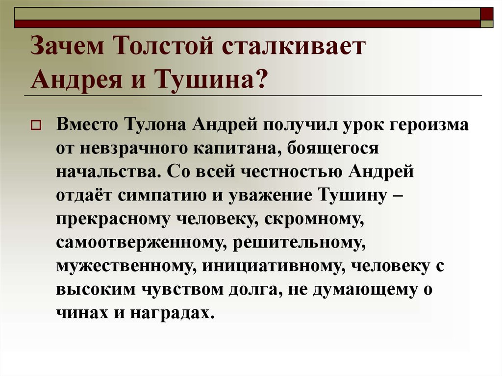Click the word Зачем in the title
(67, 46)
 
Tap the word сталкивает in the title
(294, 46)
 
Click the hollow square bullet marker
(35, 125)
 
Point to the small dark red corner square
(487, 14)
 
